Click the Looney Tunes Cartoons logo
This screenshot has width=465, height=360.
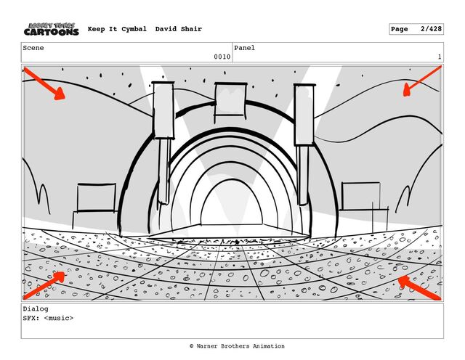click(x=51, y=29)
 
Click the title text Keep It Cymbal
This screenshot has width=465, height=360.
click(x=118, y=29)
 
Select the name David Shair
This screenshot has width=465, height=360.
click(x=179, y=29)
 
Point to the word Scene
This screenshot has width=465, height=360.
click(x=33, y=48)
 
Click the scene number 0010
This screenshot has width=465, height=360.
click(x=222, y=57)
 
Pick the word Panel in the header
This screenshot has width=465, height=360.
click(x=244, y=48)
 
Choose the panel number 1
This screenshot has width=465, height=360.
click(x=440, y=57)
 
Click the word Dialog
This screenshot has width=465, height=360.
click(x=36, y=308)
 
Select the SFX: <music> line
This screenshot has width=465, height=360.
click(x=48, y=318)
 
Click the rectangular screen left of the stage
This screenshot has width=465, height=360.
click(x=96, y=197)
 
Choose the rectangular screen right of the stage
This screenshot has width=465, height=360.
click(x=361, y=197)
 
